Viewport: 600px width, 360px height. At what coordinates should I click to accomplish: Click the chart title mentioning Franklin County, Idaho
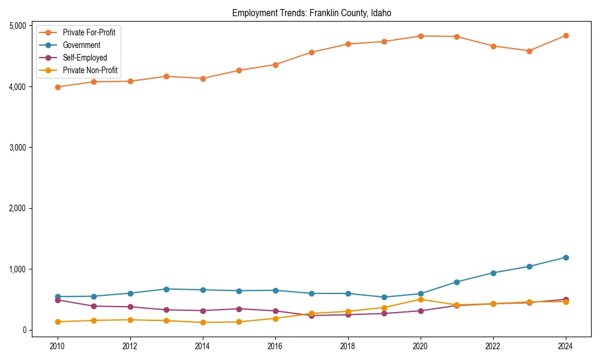click(311, 13)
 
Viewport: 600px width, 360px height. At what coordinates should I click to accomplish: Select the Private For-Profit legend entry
click(89, 32)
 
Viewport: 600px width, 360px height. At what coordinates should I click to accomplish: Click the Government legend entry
click(81, 45)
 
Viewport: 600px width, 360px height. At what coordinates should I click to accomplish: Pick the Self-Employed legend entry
click(85, 58)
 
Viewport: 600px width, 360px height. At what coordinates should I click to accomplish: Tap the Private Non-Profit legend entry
click(90, 71)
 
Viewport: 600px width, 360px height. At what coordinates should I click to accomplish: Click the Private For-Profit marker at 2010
click(58, 87)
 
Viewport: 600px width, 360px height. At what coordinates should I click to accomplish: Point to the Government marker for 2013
click(166, 289)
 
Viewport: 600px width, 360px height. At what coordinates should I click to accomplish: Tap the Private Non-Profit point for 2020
click(421, 299)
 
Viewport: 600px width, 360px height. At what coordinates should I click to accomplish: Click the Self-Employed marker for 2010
click(58, 300)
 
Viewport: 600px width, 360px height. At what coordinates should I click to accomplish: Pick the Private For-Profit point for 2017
click(311, 52)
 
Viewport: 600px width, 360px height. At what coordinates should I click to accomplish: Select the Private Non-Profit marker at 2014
click(203, 322)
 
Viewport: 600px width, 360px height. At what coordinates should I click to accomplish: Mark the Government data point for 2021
click(457, 282)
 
